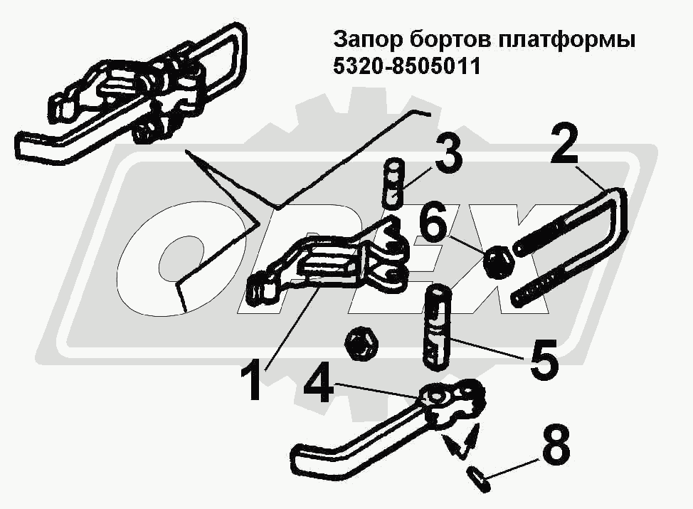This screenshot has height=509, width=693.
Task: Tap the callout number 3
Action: [448, 154]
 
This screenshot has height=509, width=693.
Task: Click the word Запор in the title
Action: [368, 41]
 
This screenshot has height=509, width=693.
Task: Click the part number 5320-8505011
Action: [406, 67]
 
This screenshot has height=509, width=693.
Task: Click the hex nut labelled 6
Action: [498, 263]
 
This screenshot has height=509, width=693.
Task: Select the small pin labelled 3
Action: [393, 184]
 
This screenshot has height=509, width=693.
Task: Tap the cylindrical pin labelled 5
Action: [437, 327]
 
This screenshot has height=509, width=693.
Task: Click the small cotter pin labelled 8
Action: [478, 479]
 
